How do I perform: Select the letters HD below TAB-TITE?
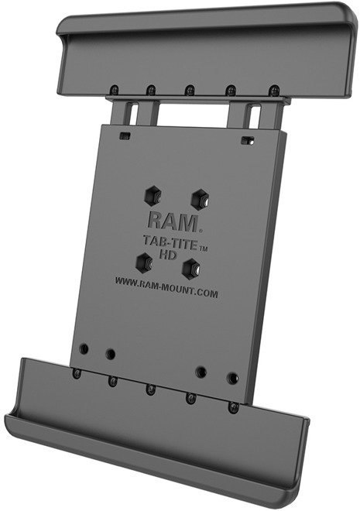coord(168,254)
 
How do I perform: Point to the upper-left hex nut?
coord(153,197)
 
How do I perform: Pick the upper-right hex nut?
coord(200,197)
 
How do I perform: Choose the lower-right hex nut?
coord(191,269)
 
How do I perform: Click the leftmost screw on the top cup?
coord(114,89)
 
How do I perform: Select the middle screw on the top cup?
coord(190,90)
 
